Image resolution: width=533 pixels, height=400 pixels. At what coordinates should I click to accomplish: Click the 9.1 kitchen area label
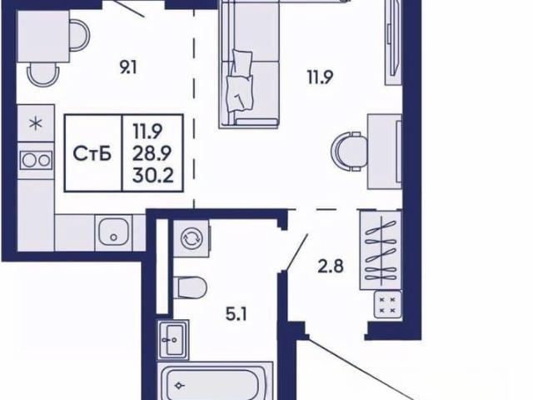pyautogui.click(x=127, y=68)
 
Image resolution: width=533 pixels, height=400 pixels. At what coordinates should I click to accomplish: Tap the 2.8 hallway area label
pyautogui.click(x=331, y=267)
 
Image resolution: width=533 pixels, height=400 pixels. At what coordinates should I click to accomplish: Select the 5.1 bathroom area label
pyautogui.click(x=237, y=315)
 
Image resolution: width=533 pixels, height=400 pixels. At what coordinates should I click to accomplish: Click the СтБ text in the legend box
pyautogui.click(x=92, y=154)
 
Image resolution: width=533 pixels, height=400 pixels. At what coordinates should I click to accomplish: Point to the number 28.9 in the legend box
pyautogui.click(x=152, y=153)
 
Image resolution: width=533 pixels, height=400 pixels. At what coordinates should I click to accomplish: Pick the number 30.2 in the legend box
pyautogui.click(x=153, y=176)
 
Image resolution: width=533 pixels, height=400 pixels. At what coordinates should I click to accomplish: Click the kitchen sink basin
pyautogui.click(x=113, y=232)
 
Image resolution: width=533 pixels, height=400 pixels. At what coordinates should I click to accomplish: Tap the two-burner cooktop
pyautogui.click(x=36, y=161)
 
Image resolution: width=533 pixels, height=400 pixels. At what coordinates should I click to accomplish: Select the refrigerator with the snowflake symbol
pyautogui.click(x=36, y=123)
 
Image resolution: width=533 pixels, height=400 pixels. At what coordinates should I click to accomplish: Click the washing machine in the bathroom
pyautogui.click(x=191, y=238)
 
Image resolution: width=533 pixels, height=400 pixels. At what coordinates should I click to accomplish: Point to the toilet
pyautogui.click(x=190, y=287)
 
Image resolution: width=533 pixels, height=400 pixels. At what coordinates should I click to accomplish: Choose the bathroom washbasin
pyautogui.click(x=173, y=339)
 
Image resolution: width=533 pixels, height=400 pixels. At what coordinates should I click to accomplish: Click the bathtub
pyautogui.click(x=217, y=381)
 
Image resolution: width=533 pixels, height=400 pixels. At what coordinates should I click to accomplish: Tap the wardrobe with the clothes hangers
pyautogui.click(x=381, y=250)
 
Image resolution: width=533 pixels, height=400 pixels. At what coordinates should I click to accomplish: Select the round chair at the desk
pyautogui.click(x=350, y=151)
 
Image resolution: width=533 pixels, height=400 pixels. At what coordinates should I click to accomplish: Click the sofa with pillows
pyautogui.click(x=249, y=64)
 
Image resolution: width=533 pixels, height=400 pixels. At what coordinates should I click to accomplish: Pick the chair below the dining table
pyautogui.click(x=42, y=74)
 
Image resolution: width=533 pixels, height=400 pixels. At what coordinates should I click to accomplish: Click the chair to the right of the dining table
pyautogui.click(x=80, y=36)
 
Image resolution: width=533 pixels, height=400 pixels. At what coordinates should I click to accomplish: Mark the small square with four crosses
pyautogui.click(x=387, y=305)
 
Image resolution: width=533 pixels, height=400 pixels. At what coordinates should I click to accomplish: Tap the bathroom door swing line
pyautogui.click(x=297, y=252)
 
